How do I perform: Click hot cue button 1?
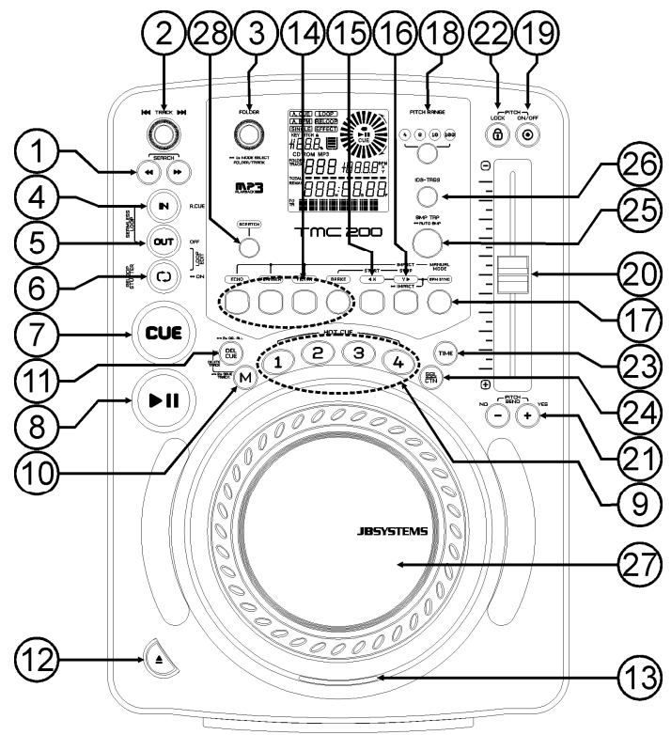(277, 362)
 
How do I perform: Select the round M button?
(244, 379)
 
